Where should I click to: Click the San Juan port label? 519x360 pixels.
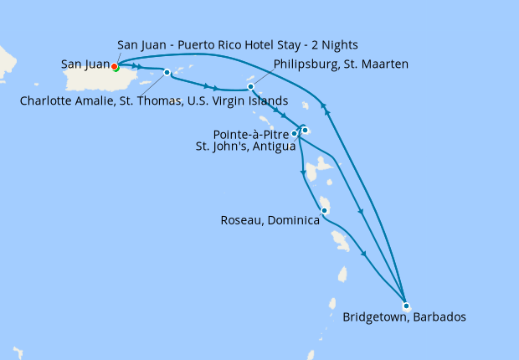pos(85,63)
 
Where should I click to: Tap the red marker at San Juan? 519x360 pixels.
pos(115,68)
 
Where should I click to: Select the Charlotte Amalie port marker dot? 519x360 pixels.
pos(167,72)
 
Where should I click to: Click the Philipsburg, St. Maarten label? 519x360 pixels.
pos(341,63)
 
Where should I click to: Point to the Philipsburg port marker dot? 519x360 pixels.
pos(250,86)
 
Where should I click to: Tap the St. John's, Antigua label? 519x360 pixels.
pos(245,147)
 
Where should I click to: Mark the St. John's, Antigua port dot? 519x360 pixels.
pos(306,130)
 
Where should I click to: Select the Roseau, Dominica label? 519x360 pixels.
pos(270,221)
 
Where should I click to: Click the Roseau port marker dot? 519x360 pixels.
pos(324,210)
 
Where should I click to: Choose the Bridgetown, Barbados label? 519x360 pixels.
pos(403,317)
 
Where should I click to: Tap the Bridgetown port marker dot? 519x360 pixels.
pos(406,306)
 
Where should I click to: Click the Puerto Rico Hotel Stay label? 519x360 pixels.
pos(239,44)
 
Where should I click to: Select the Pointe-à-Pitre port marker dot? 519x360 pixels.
pos(295,133)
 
